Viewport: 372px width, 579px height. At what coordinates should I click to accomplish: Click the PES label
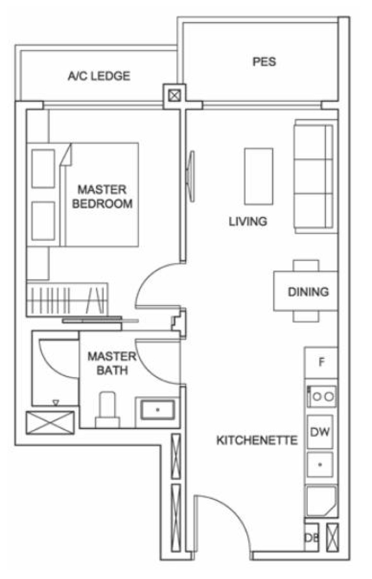click(x=264, y=61)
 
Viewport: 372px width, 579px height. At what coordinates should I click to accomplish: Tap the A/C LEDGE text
click(x=99, y=76)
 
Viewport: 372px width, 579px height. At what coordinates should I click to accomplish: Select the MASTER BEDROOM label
click(x=102, y=196)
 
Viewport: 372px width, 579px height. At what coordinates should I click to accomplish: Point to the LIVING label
click(x=248, y=221)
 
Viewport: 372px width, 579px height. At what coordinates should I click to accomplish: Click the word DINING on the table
click(x=308, y=291)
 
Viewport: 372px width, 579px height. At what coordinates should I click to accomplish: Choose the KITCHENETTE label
click(x=257, y=440)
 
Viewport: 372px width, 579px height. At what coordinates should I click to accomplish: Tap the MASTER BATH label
click(x=112, y=363)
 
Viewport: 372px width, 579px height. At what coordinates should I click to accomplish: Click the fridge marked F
click(x=321, y=363)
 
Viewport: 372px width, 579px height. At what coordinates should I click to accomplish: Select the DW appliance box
click(x=320, y=431)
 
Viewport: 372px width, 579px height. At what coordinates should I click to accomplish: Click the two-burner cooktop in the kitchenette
click(x=322, y=397)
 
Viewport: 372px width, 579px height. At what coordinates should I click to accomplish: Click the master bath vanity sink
click(x=158, y=410)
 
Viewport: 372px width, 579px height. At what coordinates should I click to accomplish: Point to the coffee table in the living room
click(x=259, y=176)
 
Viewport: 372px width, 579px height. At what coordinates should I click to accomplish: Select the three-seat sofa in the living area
click(x=314, y=176)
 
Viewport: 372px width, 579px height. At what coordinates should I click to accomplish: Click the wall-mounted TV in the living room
click(x=191, y=176)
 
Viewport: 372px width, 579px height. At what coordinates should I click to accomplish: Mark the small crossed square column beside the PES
click(x=174, y=96)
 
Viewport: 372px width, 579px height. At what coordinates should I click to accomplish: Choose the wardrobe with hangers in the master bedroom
click(x=67, y=300)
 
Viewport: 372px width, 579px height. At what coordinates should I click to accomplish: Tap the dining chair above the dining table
click(x=306, y=265)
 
